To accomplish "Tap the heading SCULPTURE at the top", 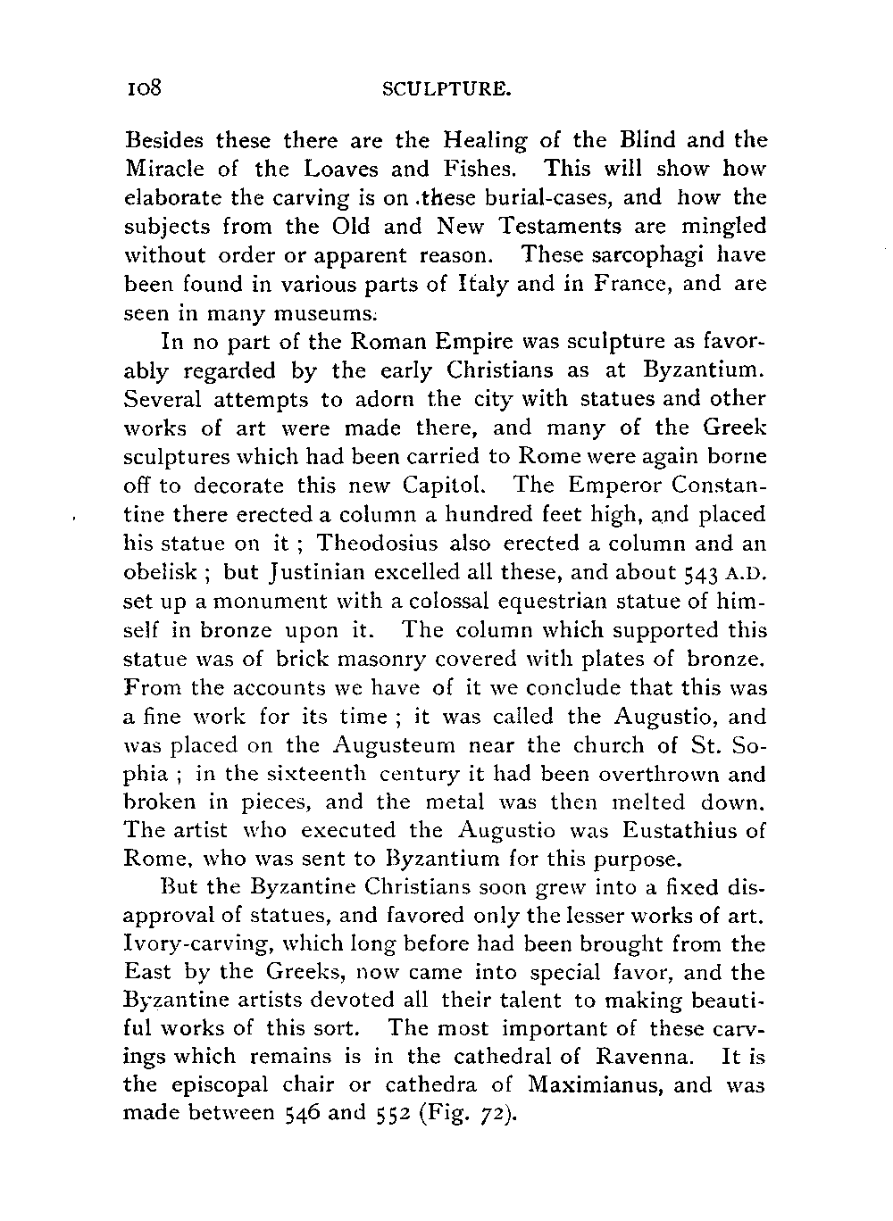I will (x=446, y=89).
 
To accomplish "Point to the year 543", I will (x=701, y=572).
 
